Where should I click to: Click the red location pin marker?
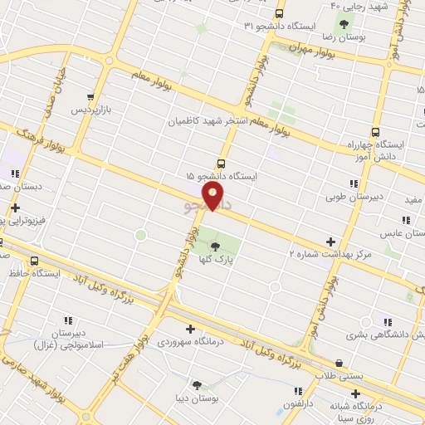214,196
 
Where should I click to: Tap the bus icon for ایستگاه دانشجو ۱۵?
221,164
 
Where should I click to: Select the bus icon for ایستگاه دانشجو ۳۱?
279,13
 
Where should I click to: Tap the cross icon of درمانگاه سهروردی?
191,330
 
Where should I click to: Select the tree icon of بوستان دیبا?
197,384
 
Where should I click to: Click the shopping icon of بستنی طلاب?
340,364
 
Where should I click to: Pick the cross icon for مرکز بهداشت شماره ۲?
330,242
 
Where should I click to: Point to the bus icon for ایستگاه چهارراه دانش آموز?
376,132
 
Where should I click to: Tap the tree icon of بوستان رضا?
344,23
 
